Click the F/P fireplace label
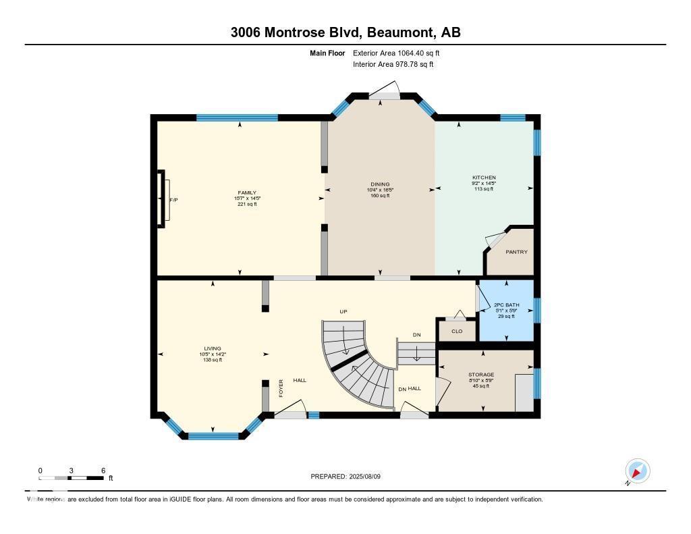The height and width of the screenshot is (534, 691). pyautogui.click(x=173, y=201)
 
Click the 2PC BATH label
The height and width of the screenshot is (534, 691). pyautogui.click(x=504, y=305)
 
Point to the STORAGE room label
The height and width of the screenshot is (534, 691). pyautogui.click(x=481, y=375)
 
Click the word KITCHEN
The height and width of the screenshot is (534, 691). pyautogui.click(x=484, y=178)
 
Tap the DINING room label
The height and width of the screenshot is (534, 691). pyautogui.click(x=380, y=184)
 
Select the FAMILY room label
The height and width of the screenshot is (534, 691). pyautogui.click(x=247, y=192)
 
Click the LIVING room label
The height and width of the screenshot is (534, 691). pyautogui.click(x=213, y=349)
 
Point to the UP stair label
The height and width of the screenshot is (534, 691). pyautogui.click(x=343, y=311)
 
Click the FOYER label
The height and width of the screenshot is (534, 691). pyautogui.click(x=281, y=388)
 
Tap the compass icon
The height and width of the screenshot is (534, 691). pyautogui.click(x=637, y=471)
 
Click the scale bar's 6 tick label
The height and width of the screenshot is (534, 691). pyautogui.click(x=103, y=470)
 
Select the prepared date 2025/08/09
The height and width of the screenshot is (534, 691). pyautogui.click(x=368, y=477)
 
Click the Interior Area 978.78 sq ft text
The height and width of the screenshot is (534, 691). pyautogui.click(x=393, y=64)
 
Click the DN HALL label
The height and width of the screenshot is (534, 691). pyautogui.click(x=409, y=388)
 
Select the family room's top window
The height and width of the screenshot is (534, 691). pyautogui.click(x=237, y=117)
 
